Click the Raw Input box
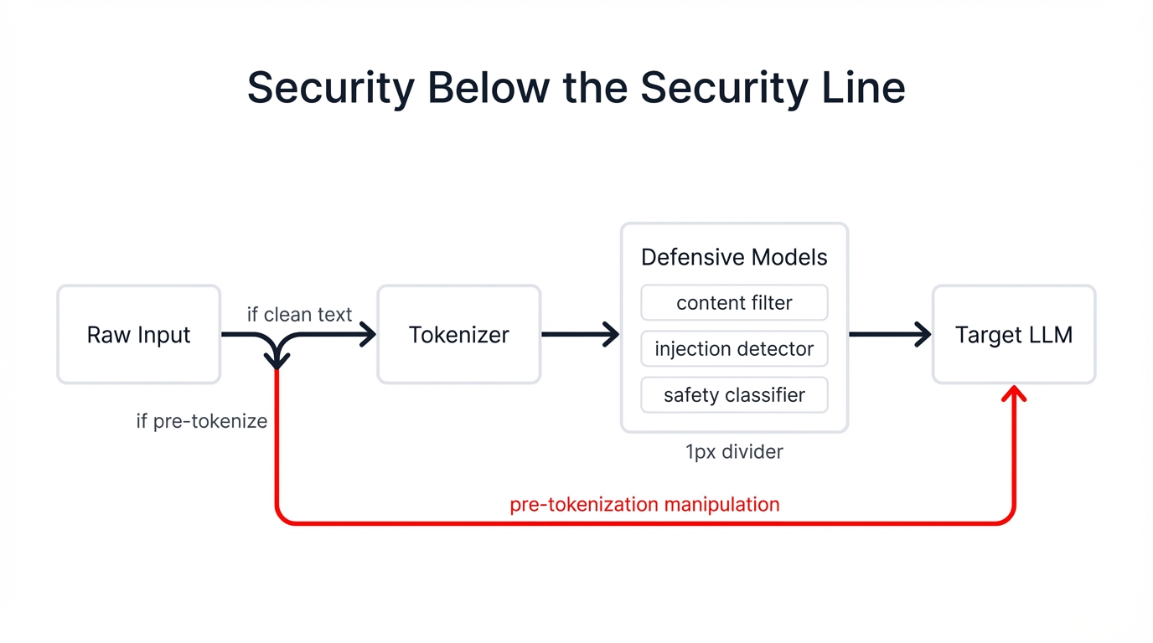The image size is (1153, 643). pos(138,335)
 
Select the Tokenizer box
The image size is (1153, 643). pos(458,335)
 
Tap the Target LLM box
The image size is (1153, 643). pos(1013,335)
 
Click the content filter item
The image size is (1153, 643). pos(734,303)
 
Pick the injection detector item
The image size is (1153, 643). pos(734,349)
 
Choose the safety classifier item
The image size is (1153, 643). pos(734,395)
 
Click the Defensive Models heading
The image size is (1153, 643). pos(734,257)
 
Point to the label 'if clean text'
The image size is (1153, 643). pos(299,315)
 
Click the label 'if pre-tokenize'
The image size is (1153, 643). pos(202,421)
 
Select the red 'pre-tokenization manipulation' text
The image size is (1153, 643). pos(644,505)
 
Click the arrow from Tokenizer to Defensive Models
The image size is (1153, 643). pos(580,335)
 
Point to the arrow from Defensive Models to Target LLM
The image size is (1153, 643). pos(890,335)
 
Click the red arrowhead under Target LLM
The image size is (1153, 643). pos(1014,394)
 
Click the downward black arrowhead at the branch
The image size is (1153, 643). pos(277,361)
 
